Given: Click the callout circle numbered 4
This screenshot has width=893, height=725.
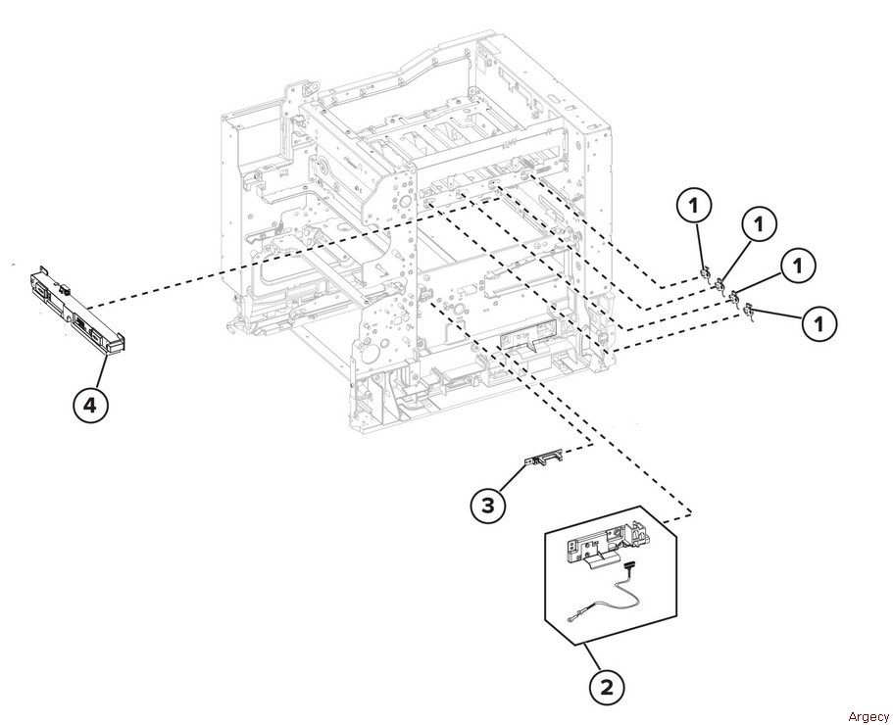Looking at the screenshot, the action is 90,406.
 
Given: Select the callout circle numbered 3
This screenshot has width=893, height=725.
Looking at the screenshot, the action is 488,505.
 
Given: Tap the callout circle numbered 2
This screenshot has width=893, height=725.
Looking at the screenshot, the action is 607,687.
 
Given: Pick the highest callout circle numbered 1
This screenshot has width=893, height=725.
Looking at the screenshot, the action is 694,207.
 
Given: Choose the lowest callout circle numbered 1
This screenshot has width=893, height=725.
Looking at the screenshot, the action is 819,324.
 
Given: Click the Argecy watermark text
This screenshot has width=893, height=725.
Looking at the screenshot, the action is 868,716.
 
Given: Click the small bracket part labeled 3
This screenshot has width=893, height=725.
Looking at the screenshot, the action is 544,459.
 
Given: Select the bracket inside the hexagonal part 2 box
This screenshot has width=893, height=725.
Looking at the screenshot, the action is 607,545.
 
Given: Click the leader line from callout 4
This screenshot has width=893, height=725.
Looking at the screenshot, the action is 101,371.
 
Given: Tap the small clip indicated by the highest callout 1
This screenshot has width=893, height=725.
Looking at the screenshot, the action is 705,275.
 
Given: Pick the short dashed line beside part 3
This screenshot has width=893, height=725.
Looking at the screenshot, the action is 577,449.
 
